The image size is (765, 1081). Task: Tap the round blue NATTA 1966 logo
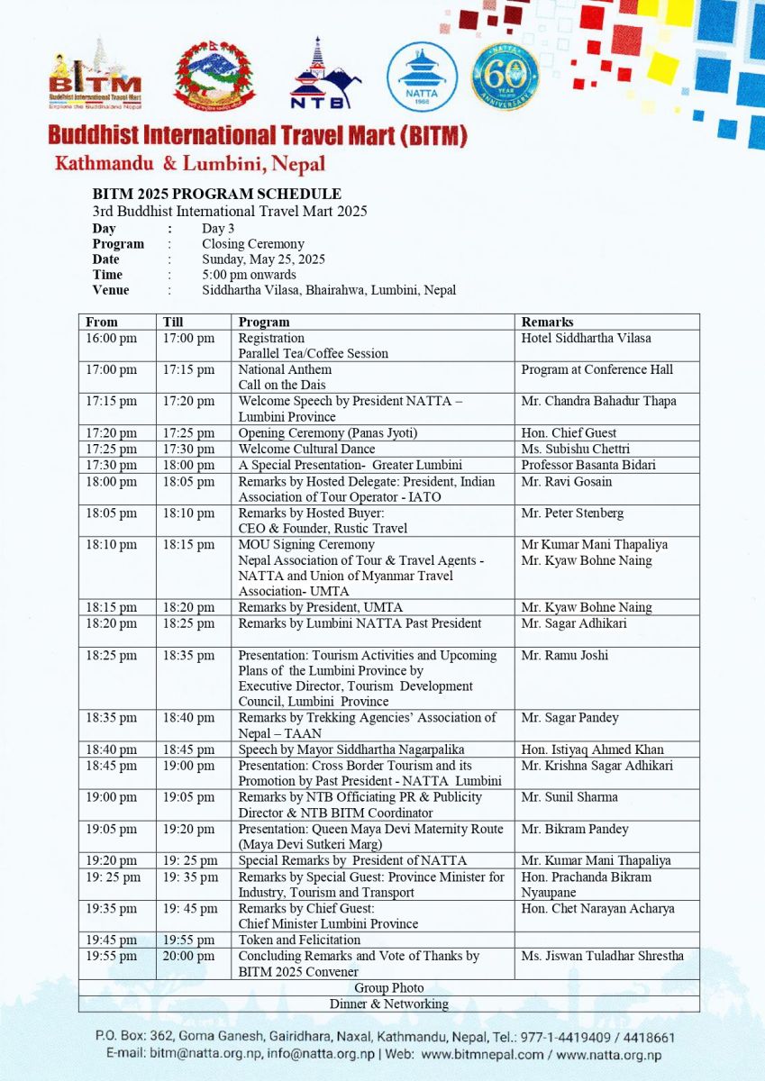422,77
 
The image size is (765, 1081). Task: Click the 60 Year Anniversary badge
505,77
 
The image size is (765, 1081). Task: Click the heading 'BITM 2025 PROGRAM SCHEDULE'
216,194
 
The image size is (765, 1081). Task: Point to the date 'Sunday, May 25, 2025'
263,259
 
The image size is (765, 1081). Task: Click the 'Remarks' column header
547,322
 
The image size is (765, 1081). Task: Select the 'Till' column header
174,322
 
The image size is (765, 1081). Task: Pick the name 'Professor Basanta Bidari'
589,465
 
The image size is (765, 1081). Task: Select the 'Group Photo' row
388,988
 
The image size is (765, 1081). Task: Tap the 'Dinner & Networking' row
388,1004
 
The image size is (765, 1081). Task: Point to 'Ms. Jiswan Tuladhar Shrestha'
602,956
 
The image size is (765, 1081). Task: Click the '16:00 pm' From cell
112,338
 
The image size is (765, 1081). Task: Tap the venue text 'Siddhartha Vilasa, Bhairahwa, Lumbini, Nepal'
329,290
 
